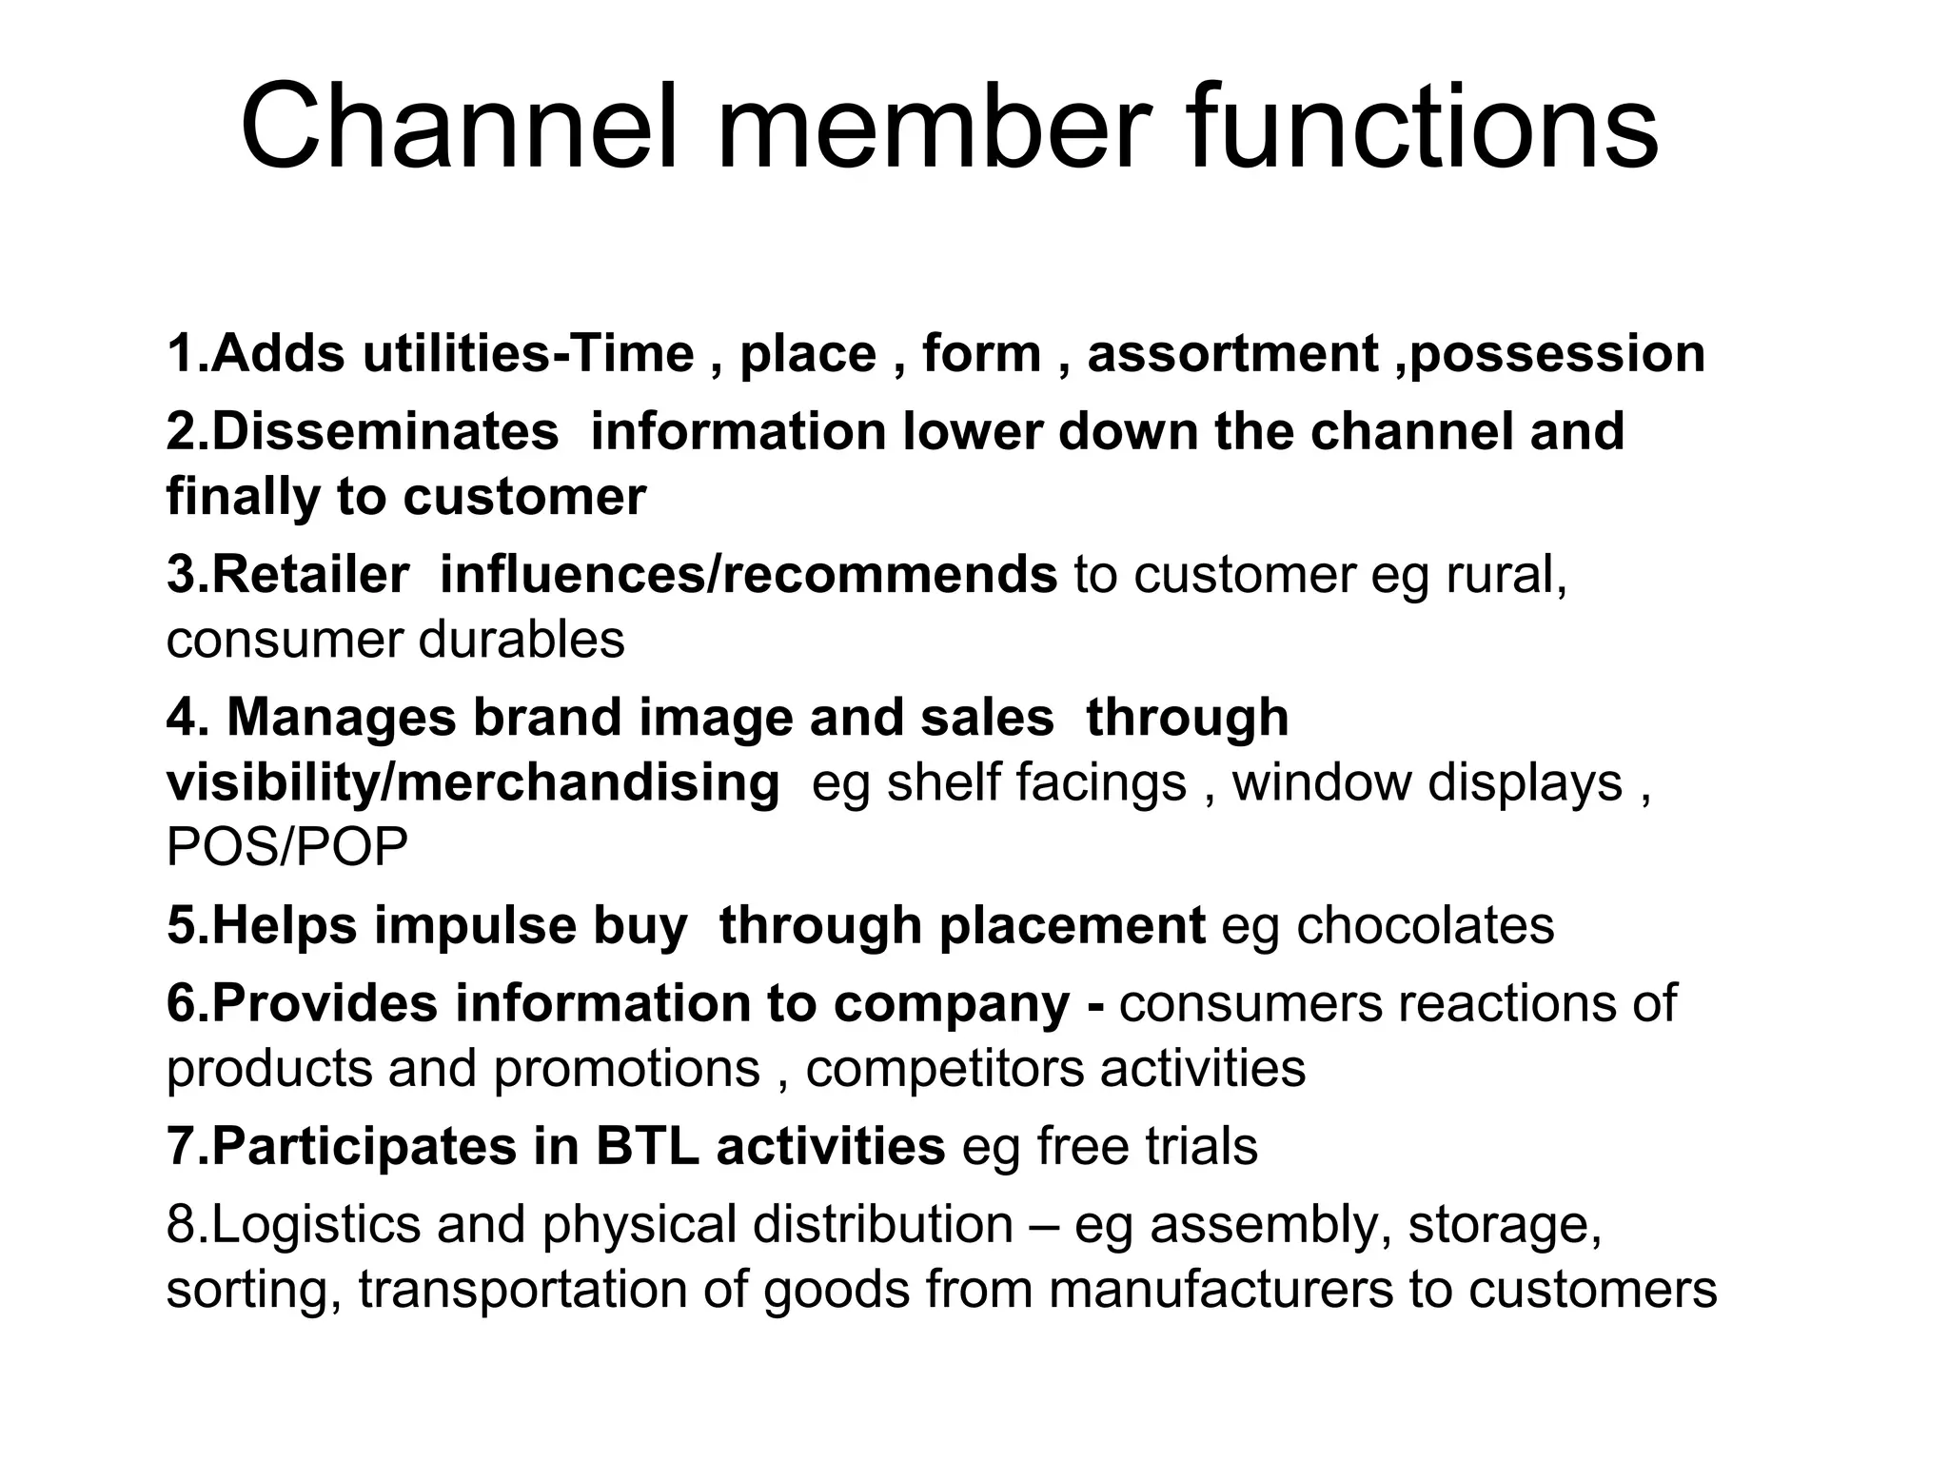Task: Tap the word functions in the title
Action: pos(1422,127)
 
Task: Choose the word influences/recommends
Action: pos(748,575)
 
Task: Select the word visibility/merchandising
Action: pos(473,782)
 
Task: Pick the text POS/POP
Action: pos(286,847)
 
